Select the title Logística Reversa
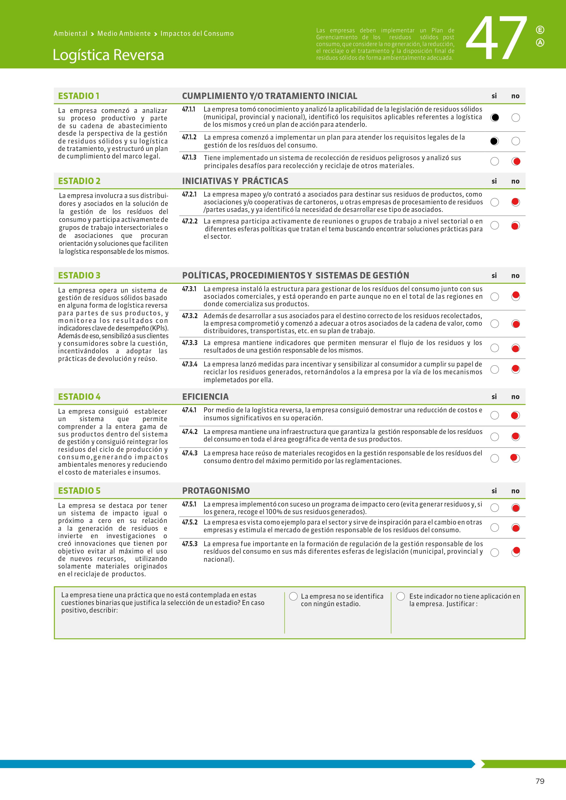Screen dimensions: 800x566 (108, 55)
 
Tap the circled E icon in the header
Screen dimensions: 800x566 (540, 30)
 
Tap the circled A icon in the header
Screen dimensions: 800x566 (540, 42)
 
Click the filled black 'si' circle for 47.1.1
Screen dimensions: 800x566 (494, 117)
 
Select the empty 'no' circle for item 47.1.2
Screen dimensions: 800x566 (515, 141)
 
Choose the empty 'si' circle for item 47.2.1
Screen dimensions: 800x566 (494, 202)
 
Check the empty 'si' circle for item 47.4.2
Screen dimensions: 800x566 (494, 437)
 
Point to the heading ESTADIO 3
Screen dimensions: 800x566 (79, 275)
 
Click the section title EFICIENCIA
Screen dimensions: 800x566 (205, 397)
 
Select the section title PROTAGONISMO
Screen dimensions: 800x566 (216, 491)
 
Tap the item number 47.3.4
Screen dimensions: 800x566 (190, 364)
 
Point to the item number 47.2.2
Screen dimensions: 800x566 (190, 221)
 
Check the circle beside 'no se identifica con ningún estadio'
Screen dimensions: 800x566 (293, 596)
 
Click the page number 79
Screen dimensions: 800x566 (540, 781)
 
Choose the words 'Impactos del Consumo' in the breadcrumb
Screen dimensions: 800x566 (197, 34)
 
